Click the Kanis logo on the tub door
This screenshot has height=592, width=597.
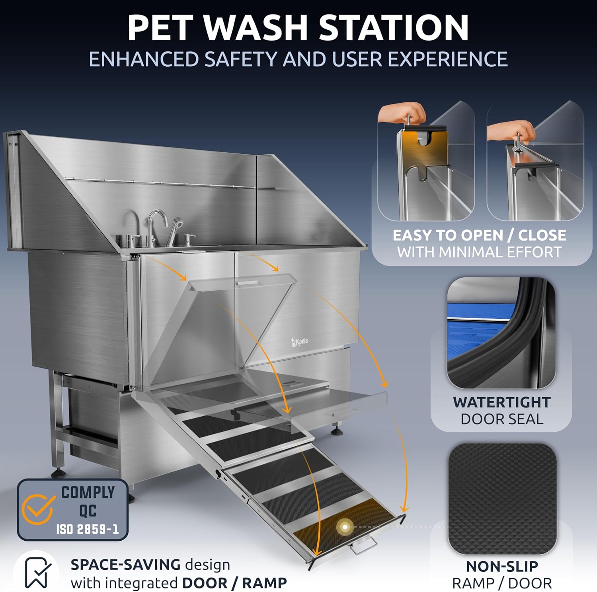[299, 342]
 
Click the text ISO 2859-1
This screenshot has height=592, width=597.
[87, 529]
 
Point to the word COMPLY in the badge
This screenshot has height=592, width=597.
[88, 493]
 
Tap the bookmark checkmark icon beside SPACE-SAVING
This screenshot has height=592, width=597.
[37, 573]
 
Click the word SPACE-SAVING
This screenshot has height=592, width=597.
[125, 565]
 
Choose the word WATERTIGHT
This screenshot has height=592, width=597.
[501, 402]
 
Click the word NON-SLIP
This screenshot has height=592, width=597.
[501, 566]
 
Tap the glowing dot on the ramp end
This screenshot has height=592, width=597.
[345, 527]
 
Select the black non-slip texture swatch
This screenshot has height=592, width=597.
[502, 499]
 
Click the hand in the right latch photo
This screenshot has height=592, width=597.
[511, 130]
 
